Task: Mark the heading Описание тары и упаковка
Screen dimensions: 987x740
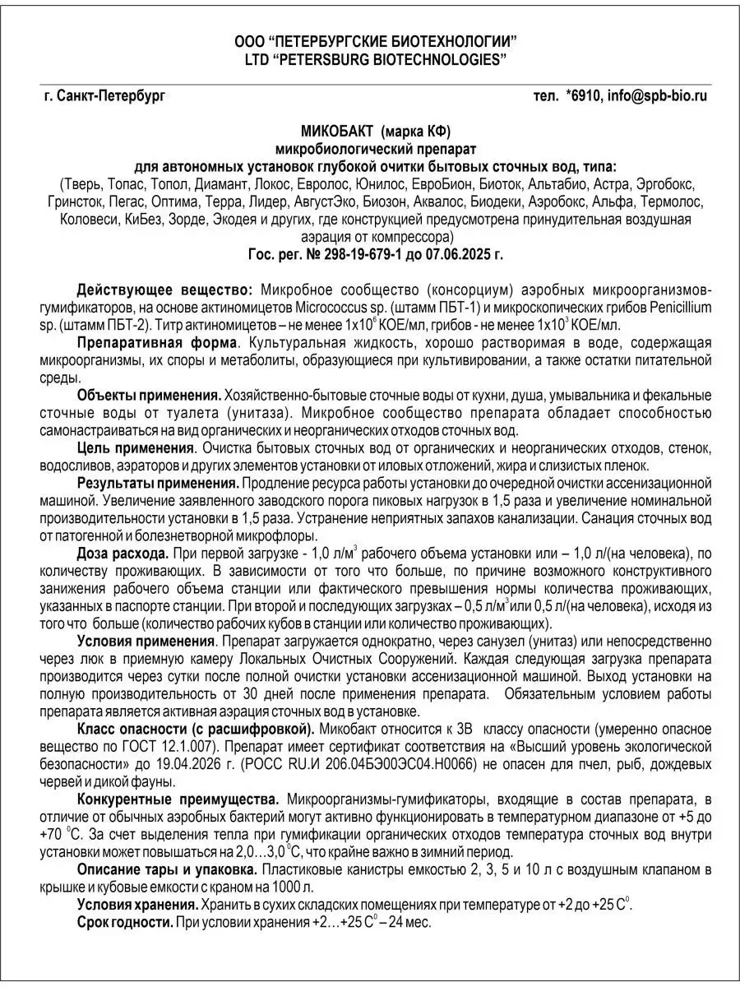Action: click(169, 869)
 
